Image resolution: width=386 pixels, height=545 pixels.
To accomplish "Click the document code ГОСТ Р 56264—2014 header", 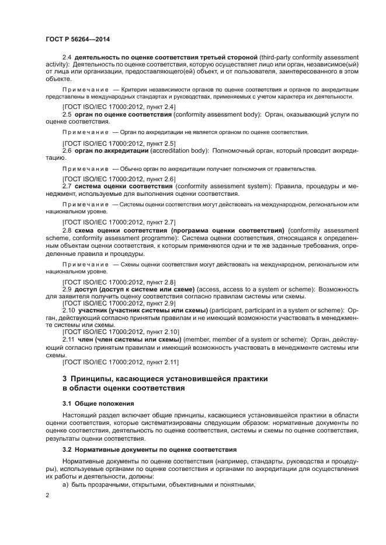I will tap(78, 40).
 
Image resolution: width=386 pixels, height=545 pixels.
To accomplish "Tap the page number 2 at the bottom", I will tap(48, 495).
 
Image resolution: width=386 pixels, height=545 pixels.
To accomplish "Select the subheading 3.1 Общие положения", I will tap(98, 403).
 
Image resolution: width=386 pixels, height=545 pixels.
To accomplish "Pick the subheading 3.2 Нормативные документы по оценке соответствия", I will tap(149, 449).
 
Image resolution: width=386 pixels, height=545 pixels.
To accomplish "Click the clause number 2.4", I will tap(67, 58).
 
